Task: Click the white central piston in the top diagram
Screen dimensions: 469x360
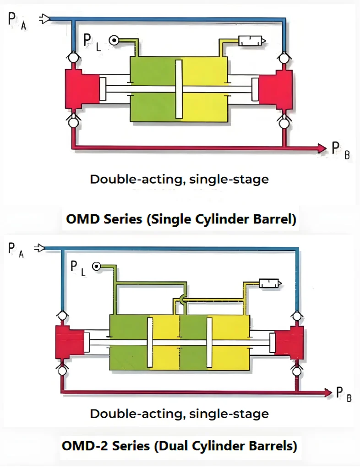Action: (x=179, y=89)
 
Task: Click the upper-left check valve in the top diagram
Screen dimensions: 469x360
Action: (x=72, y=58)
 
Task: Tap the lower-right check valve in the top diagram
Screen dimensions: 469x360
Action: (x=284, y=123)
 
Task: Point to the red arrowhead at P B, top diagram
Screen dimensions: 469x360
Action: (x=321, y=147)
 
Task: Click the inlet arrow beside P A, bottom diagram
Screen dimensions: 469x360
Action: (x=40, y=248)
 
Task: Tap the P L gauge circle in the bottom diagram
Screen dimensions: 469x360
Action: (x=96, y=266)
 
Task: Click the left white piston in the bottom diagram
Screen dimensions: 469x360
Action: (x=150, y=342)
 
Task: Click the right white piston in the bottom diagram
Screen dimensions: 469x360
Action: (x=209, y=342)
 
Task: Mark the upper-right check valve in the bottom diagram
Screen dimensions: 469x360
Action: (x=297, y=316)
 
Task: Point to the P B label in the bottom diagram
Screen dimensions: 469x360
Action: (x=344, y=393)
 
